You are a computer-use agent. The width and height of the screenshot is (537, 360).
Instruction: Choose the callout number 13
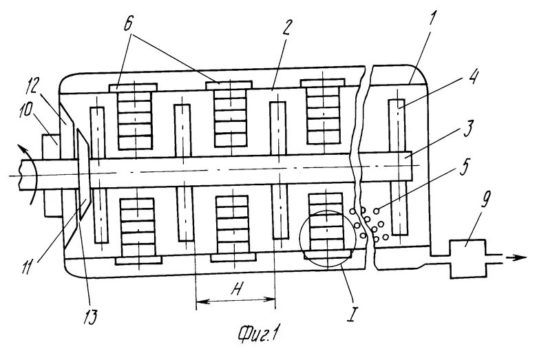pyautogui.click(x=91, y=317)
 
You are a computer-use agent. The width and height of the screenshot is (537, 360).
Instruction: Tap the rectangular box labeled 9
pyautogui.click(x=467, y=257)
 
